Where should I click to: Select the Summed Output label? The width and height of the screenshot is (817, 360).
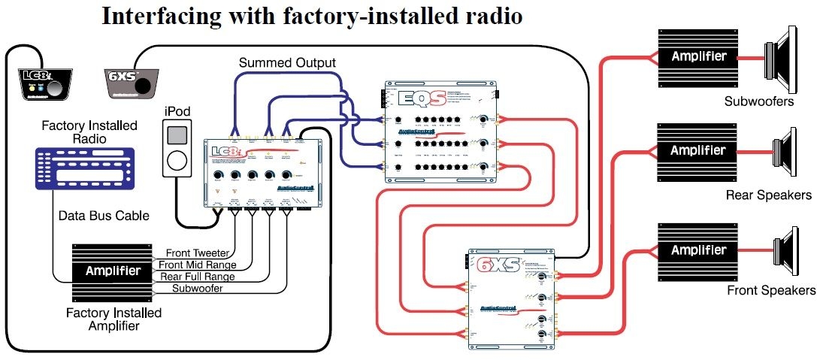pos(287,63)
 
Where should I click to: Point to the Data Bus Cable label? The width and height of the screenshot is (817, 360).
pos(104,216)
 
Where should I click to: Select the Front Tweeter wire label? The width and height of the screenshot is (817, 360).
pos(195,253)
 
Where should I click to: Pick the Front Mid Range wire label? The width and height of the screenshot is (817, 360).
pos(197,265)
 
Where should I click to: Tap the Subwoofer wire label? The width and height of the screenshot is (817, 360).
pos(197,288)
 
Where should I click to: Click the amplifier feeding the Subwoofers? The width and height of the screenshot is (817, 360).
pos(698,57)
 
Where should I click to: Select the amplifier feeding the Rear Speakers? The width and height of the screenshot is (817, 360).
pos(698,150)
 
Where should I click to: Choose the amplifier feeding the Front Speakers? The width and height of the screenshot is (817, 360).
pos(698,250)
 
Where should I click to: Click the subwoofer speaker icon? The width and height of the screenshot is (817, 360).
pos(785,57)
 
